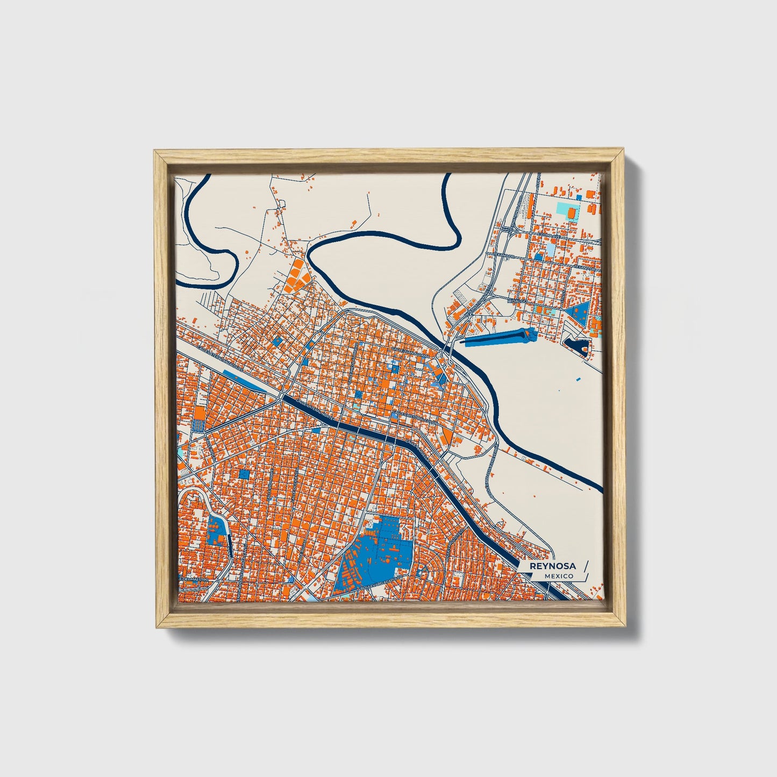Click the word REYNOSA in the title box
tap(552, 566)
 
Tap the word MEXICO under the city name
tap(558, 576)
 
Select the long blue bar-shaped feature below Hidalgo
tap(495, 338)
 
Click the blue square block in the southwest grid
tap(245, 474)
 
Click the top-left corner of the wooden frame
tap(156, 152)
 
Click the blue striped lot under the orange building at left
tap(198, 425)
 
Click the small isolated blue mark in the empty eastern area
tap(577, 379)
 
